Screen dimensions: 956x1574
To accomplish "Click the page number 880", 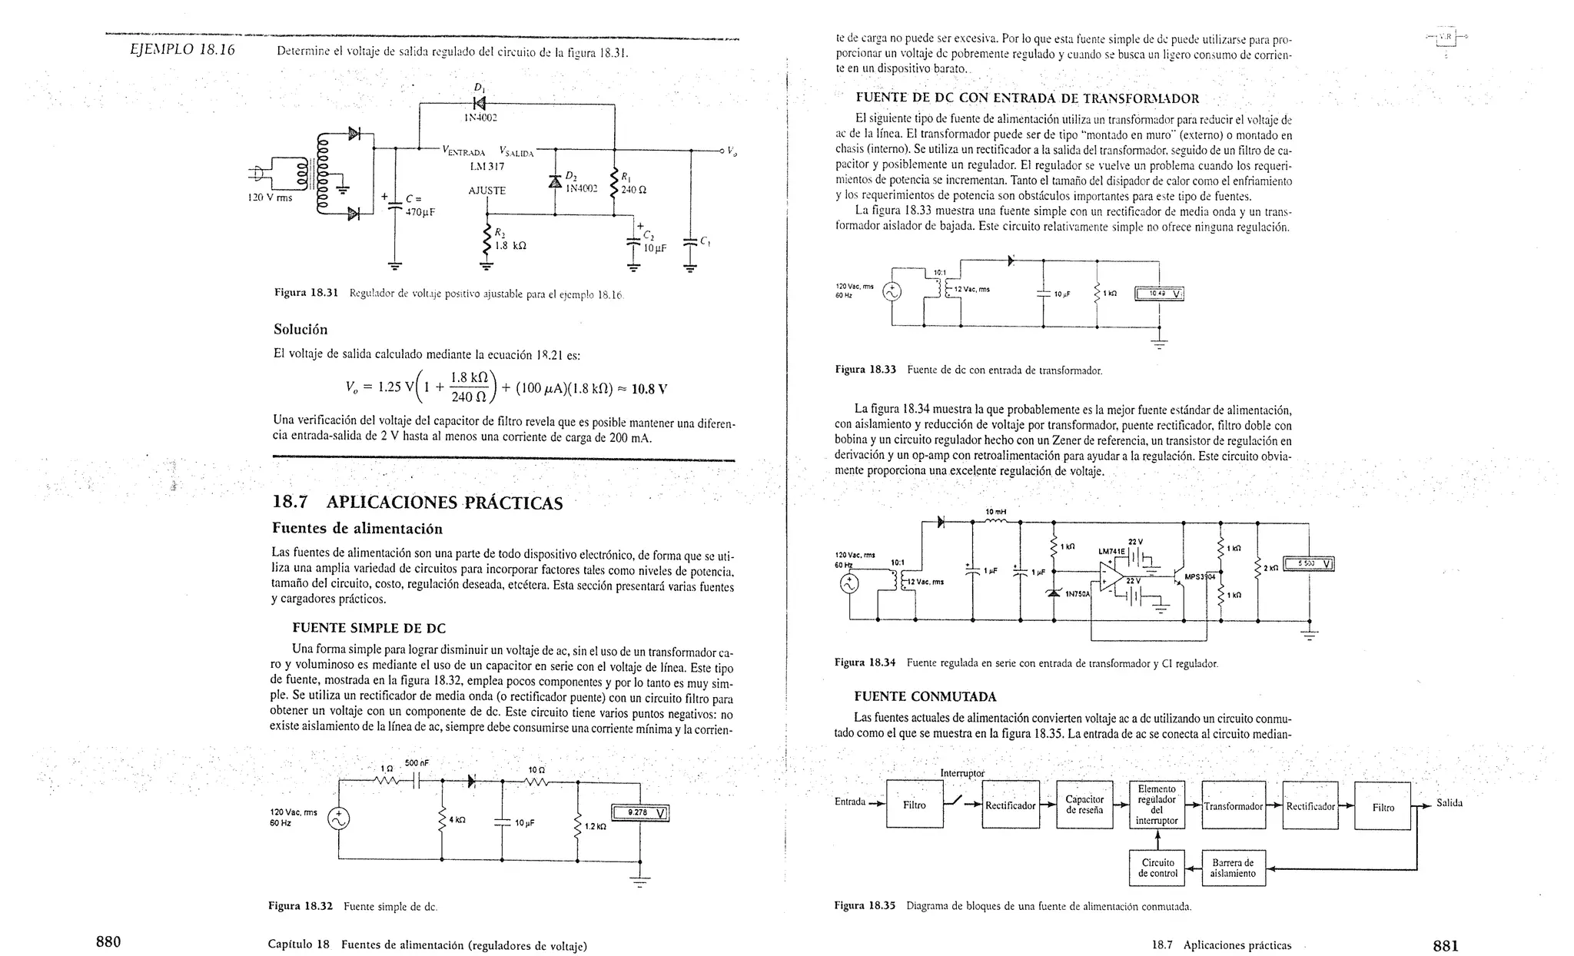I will tap(108, 943).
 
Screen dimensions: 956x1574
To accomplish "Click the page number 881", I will tap(1445, 946).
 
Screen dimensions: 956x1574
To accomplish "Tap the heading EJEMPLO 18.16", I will tap(182, 51).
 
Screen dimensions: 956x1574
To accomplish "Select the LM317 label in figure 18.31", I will tap(486, 167).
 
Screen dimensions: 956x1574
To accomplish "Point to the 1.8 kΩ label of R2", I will tap(510, 246).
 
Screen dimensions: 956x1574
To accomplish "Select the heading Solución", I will tap(301, 330).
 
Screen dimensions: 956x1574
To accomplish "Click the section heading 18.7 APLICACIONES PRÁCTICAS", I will tap(417, 503).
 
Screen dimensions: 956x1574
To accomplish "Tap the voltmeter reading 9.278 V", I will tap(639, 813).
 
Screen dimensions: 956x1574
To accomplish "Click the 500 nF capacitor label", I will tap(417, 763).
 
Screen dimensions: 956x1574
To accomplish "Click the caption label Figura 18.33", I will tap(865, 370).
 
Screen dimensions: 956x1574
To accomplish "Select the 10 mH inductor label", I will tap(995, 512).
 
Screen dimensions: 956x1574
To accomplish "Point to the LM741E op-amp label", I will tap(1111, 551).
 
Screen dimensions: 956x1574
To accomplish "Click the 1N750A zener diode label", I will tap(1078, 594).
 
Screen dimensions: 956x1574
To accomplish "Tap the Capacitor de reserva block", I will tap(1084, 805).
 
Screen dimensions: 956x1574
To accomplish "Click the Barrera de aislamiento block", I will tap(1232, 868).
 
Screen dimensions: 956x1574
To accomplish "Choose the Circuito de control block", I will tap(1157, 868).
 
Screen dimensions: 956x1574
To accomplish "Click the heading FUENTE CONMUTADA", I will tap(925, 697).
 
